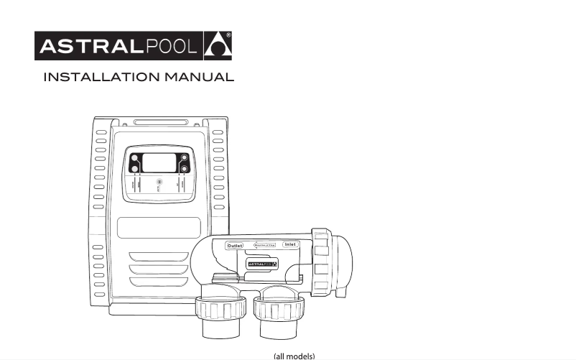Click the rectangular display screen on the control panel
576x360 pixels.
159,162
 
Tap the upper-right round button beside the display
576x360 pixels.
185,158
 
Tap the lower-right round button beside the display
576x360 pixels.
185,170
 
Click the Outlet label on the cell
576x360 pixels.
235,246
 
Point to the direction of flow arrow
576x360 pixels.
262,246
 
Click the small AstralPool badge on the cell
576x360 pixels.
263,264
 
